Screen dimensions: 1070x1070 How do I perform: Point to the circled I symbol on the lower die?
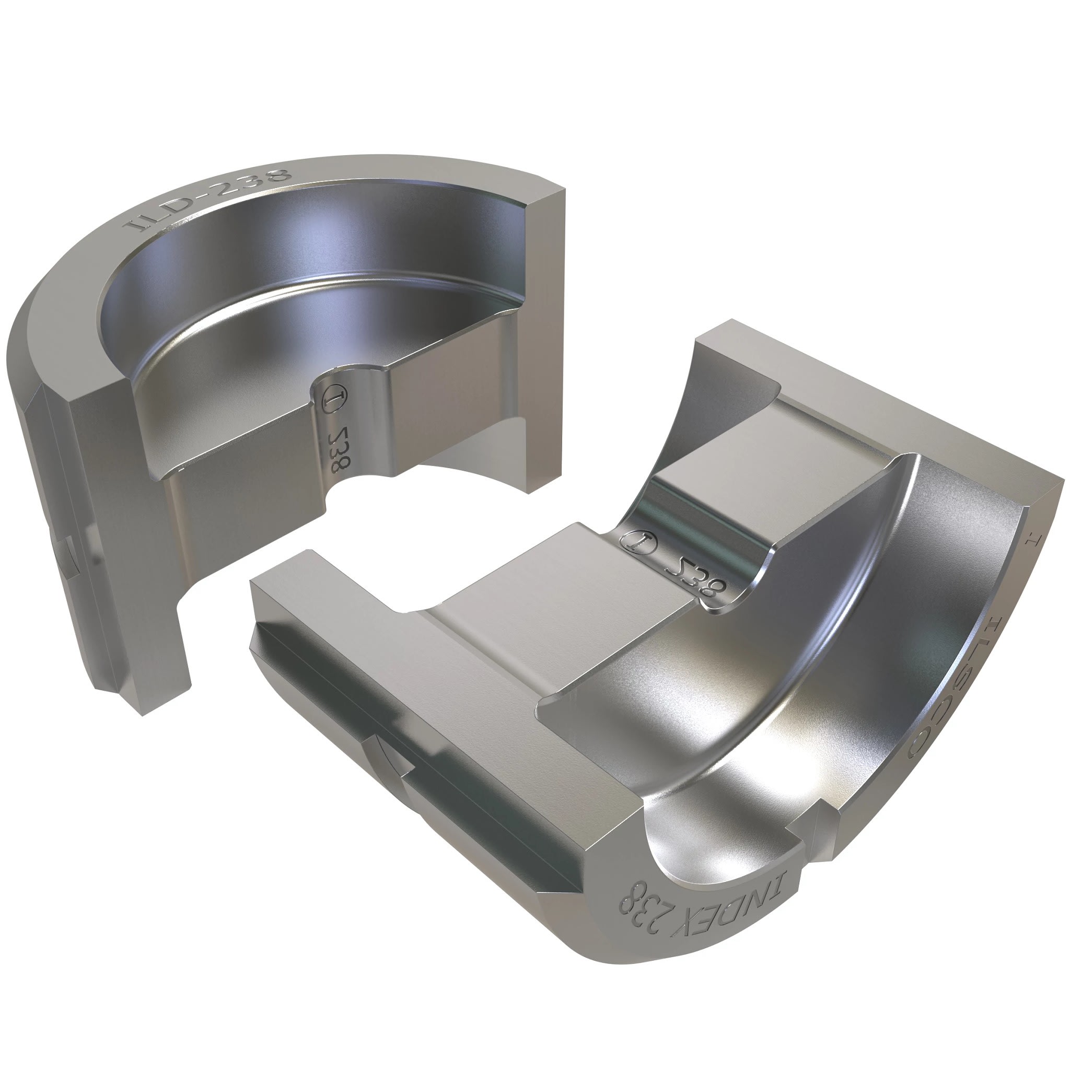tap(638, 541)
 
